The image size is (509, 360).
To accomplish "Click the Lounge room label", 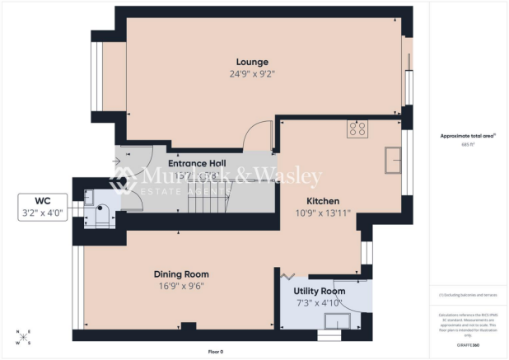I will pos(252,62).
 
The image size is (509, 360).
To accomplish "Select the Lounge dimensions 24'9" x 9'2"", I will pos(252,73).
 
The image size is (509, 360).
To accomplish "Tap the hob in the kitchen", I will pos(358,128).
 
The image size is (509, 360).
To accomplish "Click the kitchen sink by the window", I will pos(391,160).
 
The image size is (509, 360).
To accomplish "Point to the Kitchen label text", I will pos(323,201).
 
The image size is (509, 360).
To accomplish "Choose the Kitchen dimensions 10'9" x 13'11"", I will pos(323,213).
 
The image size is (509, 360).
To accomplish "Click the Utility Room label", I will pos(320,292).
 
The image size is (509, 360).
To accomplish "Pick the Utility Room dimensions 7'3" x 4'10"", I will pos(320,303).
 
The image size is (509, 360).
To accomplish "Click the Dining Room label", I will pos(181,274).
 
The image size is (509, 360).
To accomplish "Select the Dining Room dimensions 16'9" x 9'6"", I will pos(181,286).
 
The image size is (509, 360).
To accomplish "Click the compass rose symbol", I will pos(23,334).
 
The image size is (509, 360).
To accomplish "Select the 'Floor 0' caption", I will pos(215,352).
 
